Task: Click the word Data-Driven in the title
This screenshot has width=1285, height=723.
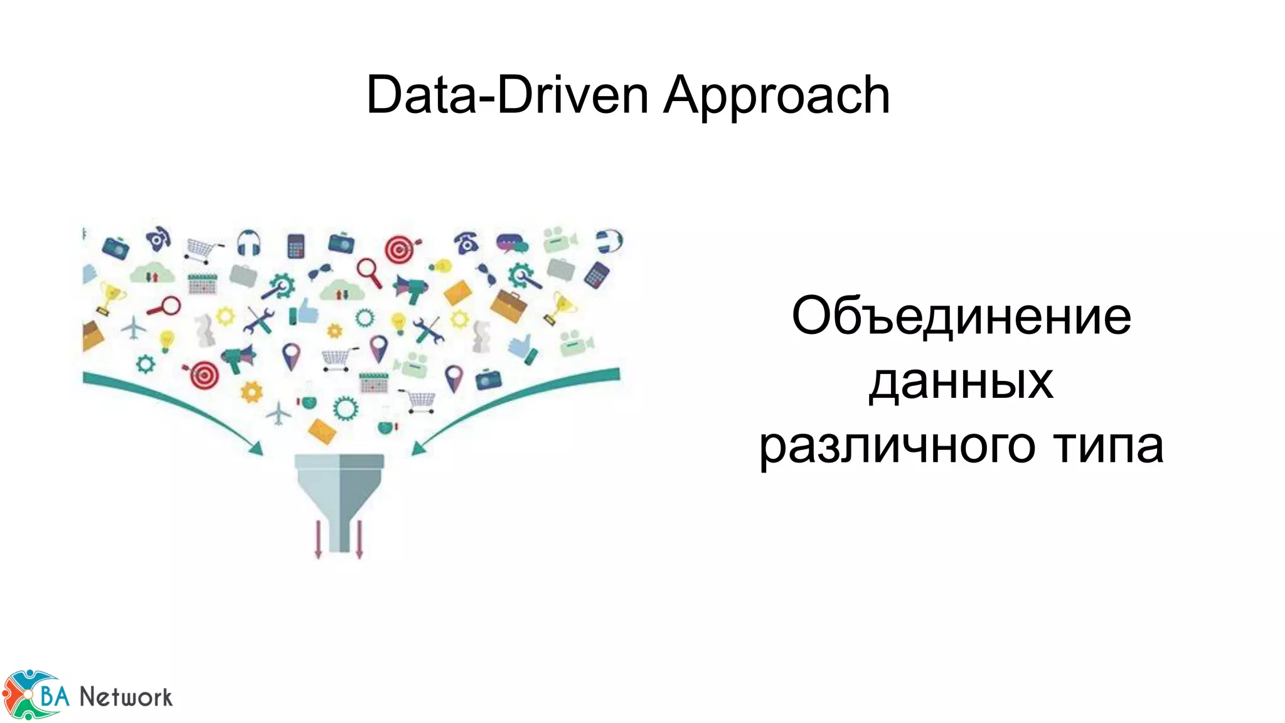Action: [x=507, y=95]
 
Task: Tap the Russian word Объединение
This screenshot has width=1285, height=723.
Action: [x=961, y=316]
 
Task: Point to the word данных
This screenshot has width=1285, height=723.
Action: [x=961, y=382]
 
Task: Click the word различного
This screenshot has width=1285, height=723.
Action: [x=897, y=446]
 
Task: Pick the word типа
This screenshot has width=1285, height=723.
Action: [x=1108, y=445]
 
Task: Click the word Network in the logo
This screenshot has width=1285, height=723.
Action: [x=125, y=697]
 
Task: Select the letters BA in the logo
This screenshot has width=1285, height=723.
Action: [x=55, y=695]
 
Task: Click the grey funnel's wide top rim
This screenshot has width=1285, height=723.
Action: [x=339, y=462]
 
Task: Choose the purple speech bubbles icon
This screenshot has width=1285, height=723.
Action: [x=512, y=243]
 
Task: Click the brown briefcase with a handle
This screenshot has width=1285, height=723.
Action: [x=508, y=306]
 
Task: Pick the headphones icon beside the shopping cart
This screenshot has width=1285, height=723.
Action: [x=249, y=242]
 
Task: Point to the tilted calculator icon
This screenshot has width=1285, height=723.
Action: [x=597, y=275]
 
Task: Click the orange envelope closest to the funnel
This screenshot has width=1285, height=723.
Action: [x=323, y=431]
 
